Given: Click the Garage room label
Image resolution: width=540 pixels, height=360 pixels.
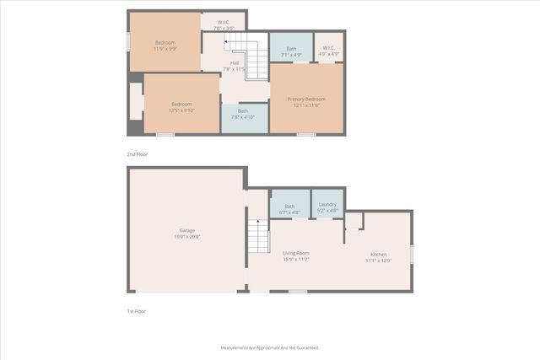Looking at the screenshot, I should click(x=187, y=230).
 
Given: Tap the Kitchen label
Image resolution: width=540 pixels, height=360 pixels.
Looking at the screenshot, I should click(x=378, y=255).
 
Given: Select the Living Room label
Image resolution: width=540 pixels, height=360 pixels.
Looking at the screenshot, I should click(x=295, y=253).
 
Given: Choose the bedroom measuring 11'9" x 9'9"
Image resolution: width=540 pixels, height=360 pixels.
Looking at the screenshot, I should click(x=165, y=46).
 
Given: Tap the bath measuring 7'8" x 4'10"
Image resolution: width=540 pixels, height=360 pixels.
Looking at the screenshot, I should click(x=243, y=114).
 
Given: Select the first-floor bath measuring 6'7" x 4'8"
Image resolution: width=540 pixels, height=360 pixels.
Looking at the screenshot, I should click(x=289, y=208).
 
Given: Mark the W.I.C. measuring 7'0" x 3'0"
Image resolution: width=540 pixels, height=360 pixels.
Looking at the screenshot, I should click(x=223, y=25).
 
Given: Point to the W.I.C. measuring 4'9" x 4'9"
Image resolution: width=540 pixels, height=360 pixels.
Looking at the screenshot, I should click(x=328, y=51).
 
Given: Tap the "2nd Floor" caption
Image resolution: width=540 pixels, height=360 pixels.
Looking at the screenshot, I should click(x=136, y=155).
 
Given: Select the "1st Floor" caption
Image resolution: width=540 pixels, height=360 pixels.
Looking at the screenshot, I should click(x=136, y=311).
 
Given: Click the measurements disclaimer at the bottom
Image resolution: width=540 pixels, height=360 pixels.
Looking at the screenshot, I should click(x=270, y=347).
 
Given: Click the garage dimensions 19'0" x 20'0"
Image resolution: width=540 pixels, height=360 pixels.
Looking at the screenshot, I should click(x=187, y=237).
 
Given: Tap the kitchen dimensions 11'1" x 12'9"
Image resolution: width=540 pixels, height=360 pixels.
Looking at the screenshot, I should click(x=378, y=261).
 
